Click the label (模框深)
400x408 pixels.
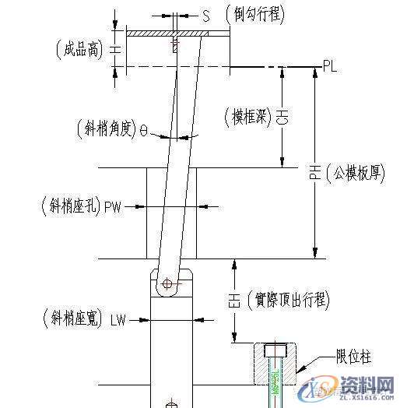pos(247,118)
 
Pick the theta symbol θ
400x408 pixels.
pos(144,131)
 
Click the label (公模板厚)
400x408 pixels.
pos(356,173)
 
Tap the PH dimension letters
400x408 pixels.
pos(315,174)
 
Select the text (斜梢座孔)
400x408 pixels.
pos(68,206)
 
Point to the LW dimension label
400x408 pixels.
pos(118,319)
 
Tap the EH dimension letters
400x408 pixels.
pos(233,300)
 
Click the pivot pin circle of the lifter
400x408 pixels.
pos(168,283)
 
